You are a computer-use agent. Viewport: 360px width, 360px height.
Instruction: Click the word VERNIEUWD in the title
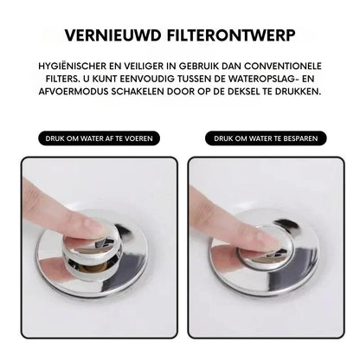click(112, 35)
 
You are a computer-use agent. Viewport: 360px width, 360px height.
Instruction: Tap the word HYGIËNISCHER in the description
click(73, 66)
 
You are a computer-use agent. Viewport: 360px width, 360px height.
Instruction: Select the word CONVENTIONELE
click(283, 66)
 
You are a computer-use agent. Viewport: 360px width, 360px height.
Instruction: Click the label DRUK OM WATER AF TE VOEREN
click(99, 138)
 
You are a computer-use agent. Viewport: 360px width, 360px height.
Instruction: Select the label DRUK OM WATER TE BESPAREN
click(266, 138)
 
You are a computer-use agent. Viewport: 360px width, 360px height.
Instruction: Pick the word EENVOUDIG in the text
click(148, 79)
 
